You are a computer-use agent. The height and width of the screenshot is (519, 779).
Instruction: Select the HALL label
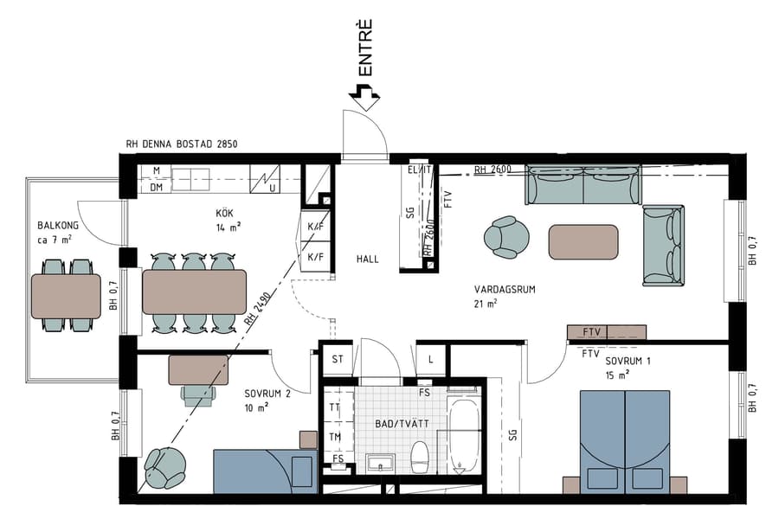[x=368, y=259]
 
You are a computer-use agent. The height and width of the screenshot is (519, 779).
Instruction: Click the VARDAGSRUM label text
[x=504, y=289]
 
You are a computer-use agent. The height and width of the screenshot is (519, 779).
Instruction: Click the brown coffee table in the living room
[x=583, y=242]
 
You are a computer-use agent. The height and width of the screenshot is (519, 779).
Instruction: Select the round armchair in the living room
[x=505, y=237]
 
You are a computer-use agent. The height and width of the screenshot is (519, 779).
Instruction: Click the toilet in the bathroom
[x=421, y=456]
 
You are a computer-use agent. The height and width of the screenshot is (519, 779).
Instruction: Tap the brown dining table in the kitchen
[x=194, y=292]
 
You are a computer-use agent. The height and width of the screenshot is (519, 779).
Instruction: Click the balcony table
[x=66, y=295]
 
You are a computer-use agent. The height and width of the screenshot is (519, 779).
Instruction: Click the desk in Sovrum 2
[x=198, y=370]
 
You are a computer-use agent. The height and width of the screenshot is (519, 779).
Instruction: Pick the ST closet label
[x=337, y=359]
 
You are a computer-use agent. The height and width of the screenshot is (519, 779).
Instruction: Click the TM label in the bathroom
[x=335, y=436]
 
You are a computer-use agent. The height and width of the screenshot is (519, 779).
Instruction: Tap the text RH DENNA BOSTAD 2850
[x=181, y=144]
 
